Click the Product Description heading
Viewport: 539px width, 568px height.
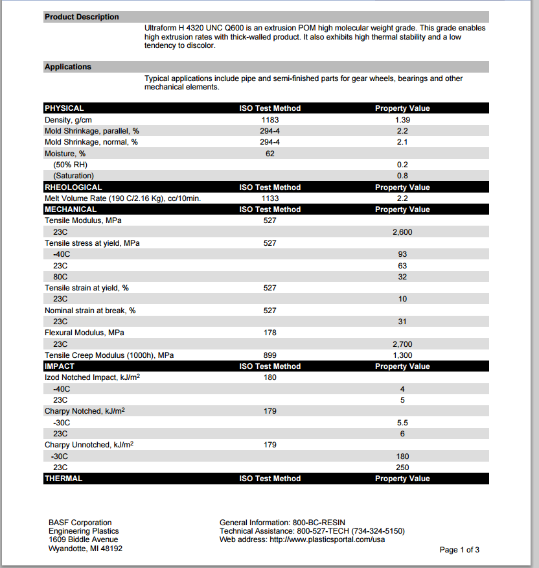click(82, 17)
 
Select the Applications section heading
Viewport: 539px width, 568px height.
click(68, 67)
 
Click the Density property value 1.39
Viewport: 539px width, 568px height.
click(402, 120)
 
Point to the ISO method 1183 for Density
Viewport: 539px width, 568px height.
click(270, 120)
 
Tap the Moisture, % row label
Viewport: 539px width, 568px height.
click(65, 154)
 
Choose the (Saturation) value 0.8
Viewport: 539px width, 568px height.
click(402, 176)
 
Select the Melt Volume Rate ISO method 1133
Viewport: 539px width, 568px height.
click(270, 198)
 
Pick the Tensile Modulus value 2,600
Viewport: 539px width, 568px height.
click(402, 232)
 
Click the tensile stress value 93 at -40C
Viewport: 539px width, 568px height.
click(402, 254)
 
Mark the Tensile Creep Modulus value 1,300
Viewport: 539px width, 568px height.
click(402, 355)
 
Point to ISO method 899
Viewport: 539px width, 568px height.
click(270, 355)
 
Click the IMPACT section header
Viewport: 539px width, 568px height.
click(60, 366)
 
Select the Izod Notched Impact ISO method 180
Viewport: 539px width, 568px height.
click(270, 377)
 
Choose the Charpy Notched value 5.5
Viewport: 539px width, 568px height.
click(402, 422)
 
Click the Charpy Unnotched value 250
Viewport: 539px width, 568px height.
click(402, 467)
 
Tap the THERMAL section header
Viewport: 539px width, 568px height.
click(63, 479)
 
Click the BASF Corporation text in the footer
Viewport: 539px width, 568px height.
click(80, 523)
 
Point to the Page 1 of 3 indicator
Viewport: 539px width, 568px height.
click(459, 550)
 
